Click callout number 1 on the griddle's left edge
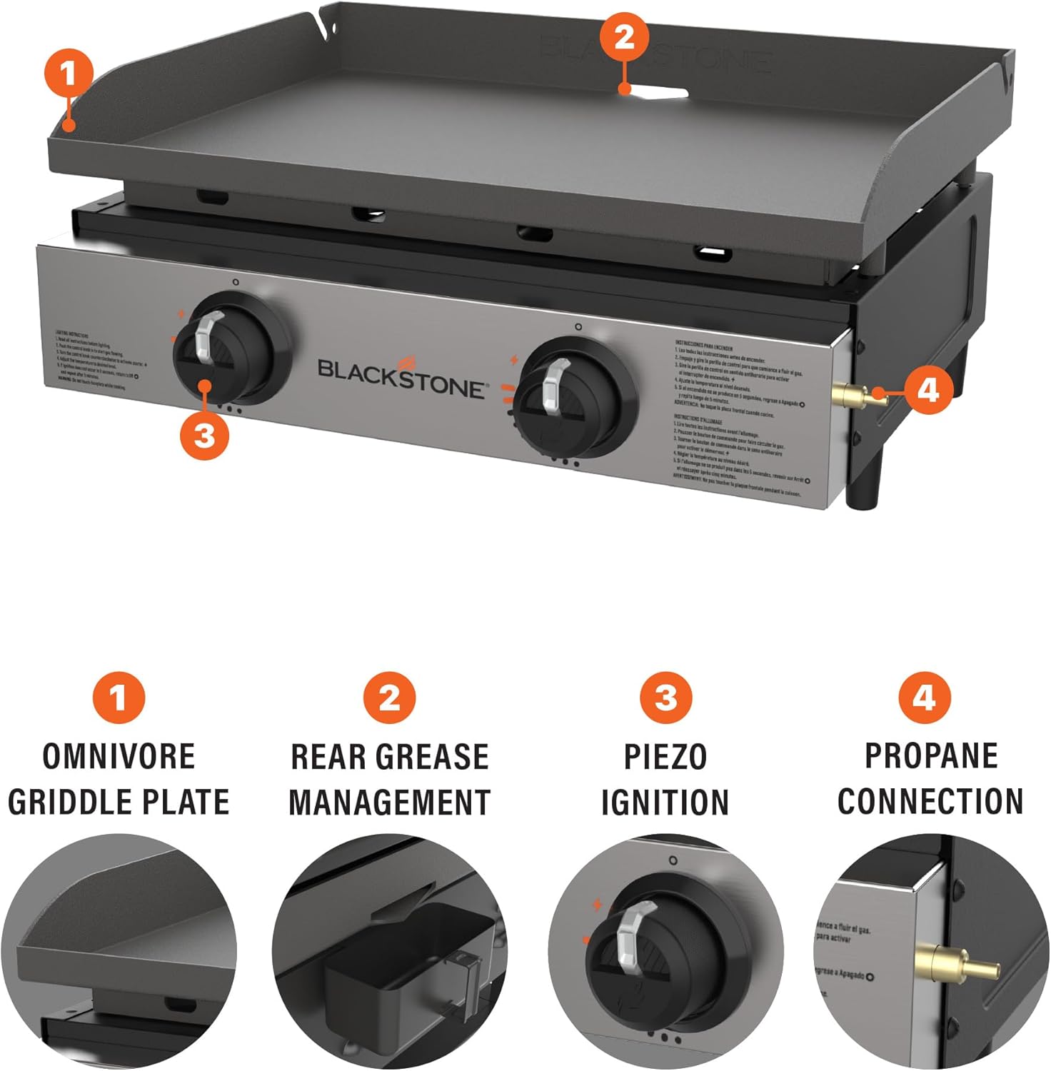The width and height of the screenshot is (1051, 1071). pos(69,74)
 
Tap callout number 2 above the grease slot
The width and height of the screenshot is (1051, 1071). pos(624,36)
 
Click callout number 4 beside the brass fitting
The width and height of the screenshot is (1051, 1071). pos(927,391)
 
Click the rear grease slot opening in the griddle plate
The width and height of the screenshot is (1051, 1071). pos(660,92)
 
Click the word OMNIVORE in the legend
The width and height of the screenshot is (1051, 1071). pos(119,757)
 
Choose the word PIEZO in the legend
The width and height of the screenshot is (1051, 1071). pos(665,757)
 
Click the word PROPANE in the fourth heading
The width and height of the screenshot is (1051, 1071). pos(931,756)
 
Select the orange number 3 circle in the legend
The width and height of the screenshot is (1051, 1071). pos(665,698)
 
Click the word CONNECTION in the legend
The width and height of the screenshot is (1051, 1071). pos(930,802)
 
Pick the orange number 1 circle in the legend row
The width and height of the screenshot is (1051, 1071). pos(119,698)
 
